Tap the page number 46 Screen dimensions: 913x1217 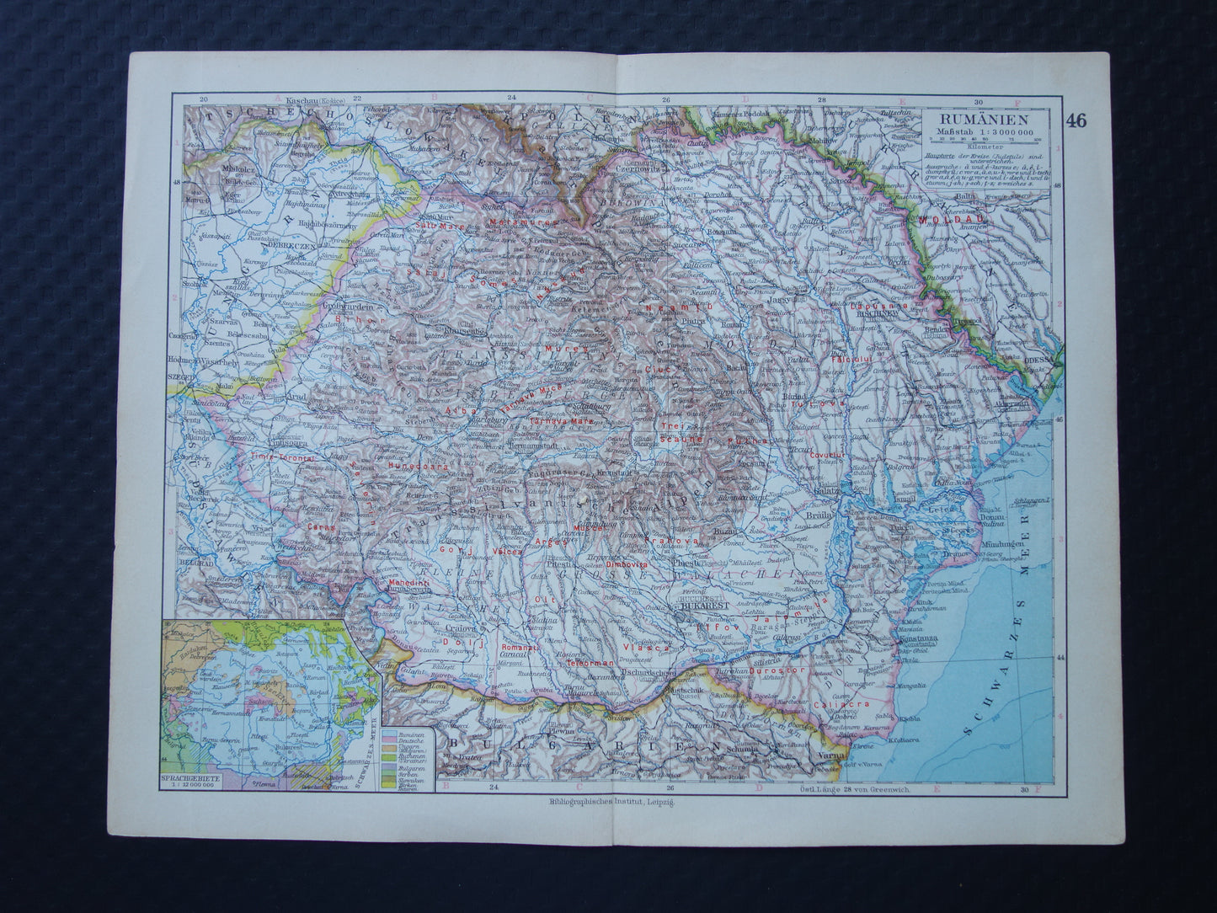click(x=1076, y=120)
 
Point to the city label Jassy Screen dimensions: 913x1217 click(x=782, y=298)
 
